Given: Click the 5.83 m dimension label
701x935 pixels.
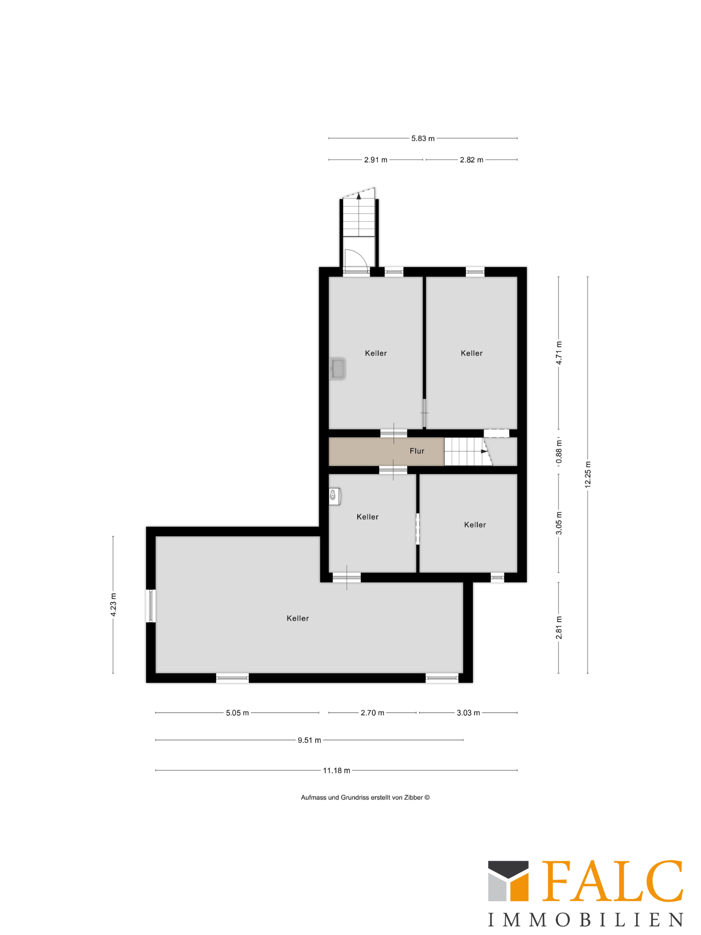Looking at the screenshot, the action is [x=423, y=138].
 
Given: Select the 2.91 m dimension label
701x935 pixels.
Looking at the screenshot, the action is [x=376, y=160].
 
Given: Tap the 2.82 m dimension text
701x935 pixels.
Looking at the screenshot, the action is [x=471, y=160].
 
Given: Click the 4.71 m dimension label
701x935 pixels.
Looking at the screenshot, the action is [x=559, y=352].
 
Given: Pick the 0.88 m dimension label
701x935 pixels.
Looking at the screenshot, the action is [x=559, y=452].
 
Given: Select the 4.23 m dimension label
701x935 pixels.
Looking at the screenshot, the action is [x=113, y=605].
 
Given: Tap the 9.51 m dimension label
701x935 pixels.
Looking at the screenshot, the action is [x=309, y=740].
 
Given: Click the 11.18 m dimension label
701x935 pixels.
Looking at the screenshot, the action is [x=337, y=771].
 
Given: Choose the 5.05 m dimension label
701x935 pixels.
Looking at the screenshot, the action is [x=237, y=713].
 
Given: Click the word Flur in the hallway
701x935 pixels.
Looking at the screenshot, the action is [x=417, y=451].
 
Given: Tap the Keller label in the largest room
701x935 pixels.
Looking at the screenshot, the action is [x=298, y=618].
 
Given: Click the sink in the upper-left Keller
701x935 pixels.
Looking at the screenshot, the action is [x=338, y=369].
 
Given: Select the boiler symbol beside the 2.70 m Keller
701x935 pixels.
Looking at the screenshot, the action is [x=335, y=496].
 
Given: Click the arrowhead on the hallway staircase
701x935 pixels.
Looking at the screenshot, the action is [x=484, y=452].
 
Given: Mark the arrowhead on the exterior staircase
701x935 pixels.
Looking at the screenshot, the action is [x=359, y=196].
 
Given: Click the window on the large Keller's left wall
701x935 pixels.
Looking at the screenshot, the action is [x=151, y=606].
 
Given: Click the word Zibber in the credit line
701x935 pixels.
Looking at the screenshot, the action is [x=413, y=798].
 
